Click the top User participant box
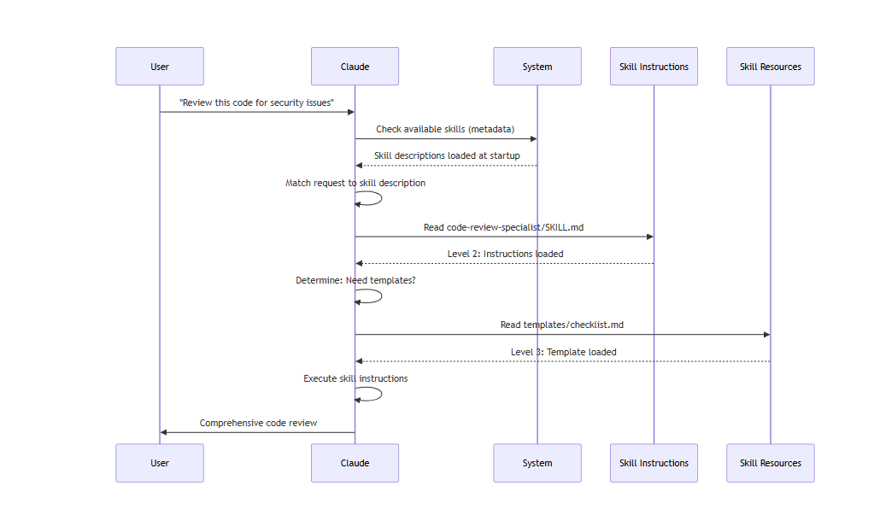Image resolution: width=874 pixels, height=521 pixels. tap(160, 67)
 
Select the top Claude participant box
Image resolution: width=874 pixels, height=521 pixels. tap(355, 67)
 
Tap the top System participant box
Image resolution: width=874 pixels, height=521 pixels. tap(537, 67)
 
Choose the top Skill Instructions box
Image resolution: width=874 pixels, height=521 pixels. tap(654, 67)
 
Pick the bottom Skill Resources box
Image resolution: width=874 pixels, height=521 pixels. tap(771, 463)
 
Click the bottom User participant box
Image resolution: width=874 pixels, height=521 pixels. tap(160, 463)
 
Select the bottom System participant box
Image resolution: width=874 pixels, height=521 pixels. tap(537, 463)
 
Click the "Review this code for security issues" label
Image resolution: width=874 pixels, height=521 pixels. tap(256, 102)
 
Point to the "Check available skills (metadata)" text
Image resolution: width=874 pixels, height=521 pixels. tap(445, 129)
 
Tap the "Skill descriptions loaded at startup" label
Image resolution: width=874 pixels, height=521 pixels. tap(447, 156)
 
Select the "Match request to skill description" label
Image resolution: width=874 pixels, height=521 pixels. tap(355, 183)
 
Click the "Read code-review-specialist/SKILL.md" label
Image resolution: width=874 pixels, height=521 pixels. tap(503, 227)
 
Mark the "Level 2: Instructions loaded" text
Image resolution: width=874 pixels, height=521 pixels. tap(505, 254)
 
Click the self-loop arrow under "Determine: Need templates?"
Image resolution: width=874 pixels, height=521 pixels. tap(381, 296)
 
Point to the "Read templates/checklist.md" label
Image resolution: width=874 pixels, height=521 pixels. tap(562, 325)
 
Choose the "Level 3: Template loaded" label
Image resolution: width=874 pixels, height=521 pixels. tap(564, 352)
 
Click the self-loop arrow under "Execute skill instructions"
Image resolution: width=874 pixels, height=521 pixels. tap(381, 394)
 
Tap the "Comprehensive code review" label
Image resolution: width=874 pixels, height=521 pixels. tap(258, 423)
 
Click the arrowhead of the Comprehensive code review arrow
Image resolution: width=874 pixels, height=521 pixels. tap(163, 432)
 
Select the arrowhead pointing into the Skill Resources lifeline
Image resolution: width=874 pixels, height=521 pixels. tap(767, 335)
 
